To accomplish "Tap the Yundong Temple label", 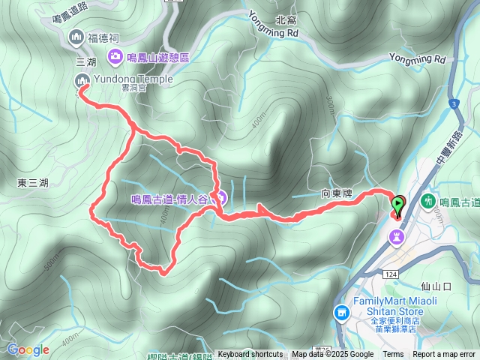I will coord(133,79).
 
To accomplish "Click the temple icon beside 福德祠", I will coord(75,37).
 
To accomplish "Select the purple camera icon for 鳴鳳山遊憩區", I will coord(115,55).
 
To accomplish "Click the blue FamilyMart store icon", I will coord(341,311).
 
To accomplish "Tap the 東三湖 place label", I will coord(32,182).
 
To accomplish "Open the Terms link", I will coord(393,355).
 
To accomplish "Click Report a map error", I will coord(444,355).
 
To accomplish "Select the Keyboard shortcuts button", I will coord(250,355).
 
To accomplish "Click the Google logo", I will coord(28,349).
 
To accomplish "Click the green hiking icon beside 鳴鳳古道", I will coord(428,201).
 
